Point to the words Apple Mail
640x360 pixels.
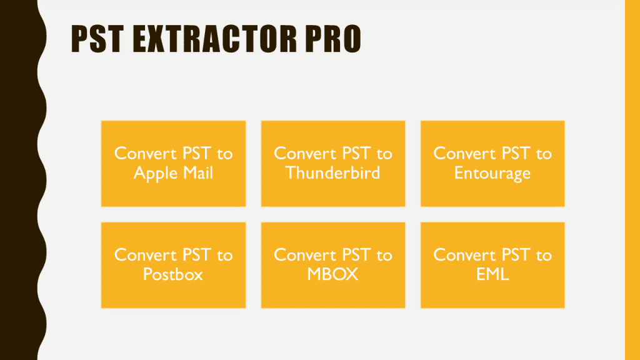click(x=173, y=173)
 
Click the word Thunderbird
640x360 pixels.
click(x=332, y=172)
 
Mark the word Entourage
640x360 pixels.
click(x=492, y=173)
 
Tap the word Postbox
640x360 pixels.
click(x=173, y=274)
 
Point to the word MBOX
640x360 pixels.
click(x=332, y=274)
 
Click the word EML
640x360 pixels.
click(x=492, y=274)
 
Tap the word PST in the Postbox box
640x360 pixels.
click(x=196, y=255)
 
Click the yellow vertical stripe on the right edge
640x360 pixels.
click(x=632, y=180)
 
